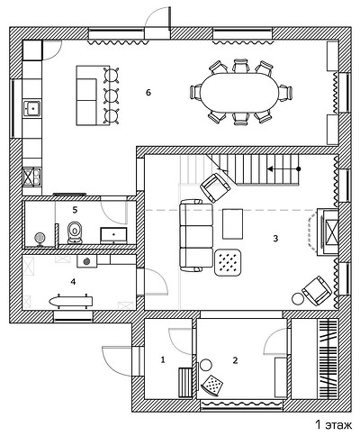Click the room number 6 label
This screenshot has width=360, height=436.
pos(148,93)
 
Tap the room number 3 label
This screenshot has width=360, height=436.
pos(275,239)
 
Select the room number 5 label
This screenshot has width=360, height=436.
pos(75,210)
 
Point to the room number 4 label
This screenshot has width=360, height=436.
pos(73,282)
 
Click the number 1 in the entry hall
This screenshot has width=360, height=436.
pos(163,359)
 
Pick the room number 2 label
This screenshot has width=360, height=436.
pos(235,360)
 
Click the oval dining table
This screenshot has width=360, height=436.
pos(240,92)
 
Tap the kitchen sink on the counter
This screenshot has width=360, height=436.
pos(32,108)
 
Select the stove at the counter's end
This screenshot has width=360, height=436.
pos(31,177)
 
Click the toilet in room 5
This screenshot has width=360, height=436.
pos(75,232)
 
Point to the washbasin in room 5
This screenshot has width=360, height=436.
pos(113,236)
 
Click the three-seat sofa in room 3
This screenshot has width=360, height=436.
pos(196,236)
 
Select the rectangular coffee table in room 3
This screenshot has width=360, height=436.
pos(232,223)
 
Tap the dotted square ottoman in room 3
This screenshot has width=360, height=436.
pos(229,262)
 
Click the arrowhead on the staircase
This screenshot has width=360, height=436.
pos(270,169)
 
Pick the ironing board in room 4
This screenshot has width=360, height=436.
pos(70,301)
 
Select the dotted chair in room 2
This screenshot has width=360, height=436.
pos(212,384)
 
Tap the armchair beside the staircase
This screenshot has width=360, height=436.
pos(215,187)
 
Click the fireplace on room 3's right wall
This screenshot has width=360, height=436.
pos(327,232)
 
